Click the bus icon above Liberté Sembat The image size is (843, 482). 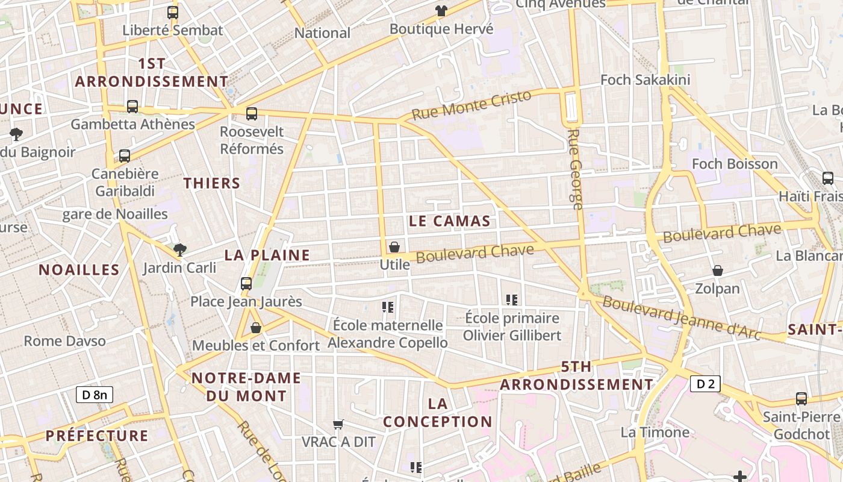point(173,12)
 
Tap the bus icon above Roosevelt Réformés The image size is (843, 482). point(252,113)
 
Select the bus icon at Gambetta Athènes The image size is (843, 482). point(132,107)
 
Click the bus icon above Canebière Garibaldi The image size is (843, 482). point(125,156)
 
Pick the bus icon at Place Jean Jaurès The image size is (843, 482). point(246,283)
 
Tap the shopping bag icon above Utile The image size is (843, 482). point(394,247)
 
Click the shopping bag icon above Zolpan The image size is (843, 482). point(717,271)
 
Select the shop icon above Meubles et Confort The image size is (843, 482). point(256,328)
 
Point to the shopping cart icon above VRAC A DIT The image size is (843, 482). point(338,424)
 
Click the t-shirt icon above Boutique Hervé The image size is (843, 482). point(441,11)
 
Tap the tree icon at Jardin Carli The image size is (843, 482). point(179,249)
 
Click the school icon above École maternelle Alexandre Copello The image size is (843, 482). point(388,307)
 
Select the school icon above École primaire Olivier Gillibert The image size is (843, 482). point(512,299)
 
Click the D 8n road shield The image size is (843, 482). point(95,395)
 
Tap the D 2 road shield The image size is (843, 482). point(705,384)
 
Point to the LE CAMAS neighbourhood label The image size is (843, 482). point(449,221)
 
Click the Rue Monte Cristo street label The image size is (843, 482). point(472,105)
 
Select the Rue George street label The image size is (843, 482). point(576,169)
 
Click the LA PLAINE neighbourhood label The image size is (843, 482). point(267,255)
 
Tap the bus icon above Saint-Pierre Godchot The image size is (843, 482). point(801,398)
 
